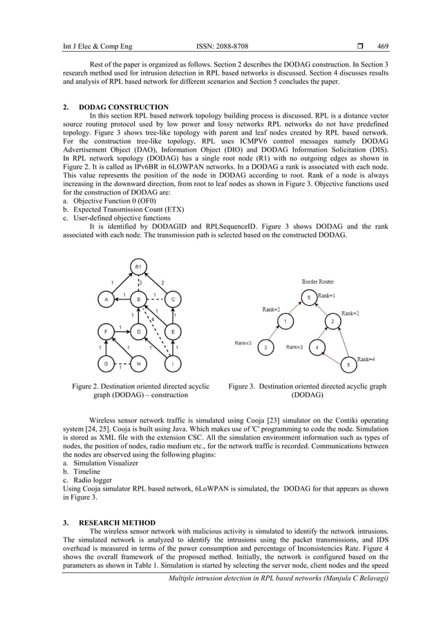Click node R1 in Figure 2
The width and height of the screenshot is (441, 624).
tap(138, 267)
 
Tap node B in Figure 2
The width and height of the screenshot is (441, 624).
tap(138, 300)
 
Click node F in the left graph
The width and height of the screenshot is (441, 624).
tap(106, 331)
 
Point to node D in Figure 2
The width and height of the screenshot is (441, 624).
tap(138, 331)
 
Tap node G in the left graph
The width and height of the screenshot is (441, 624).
tap(106, 363)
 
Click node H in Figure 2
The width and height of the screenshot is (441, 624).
tap(138, 363)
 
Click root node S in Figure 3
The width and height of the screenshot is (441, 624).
tap(309, 297)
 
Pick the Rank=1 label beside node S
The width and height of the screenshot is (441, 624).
tap(328, 295)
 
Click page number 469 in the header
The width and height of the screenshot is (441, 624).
tap(382, 47)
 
